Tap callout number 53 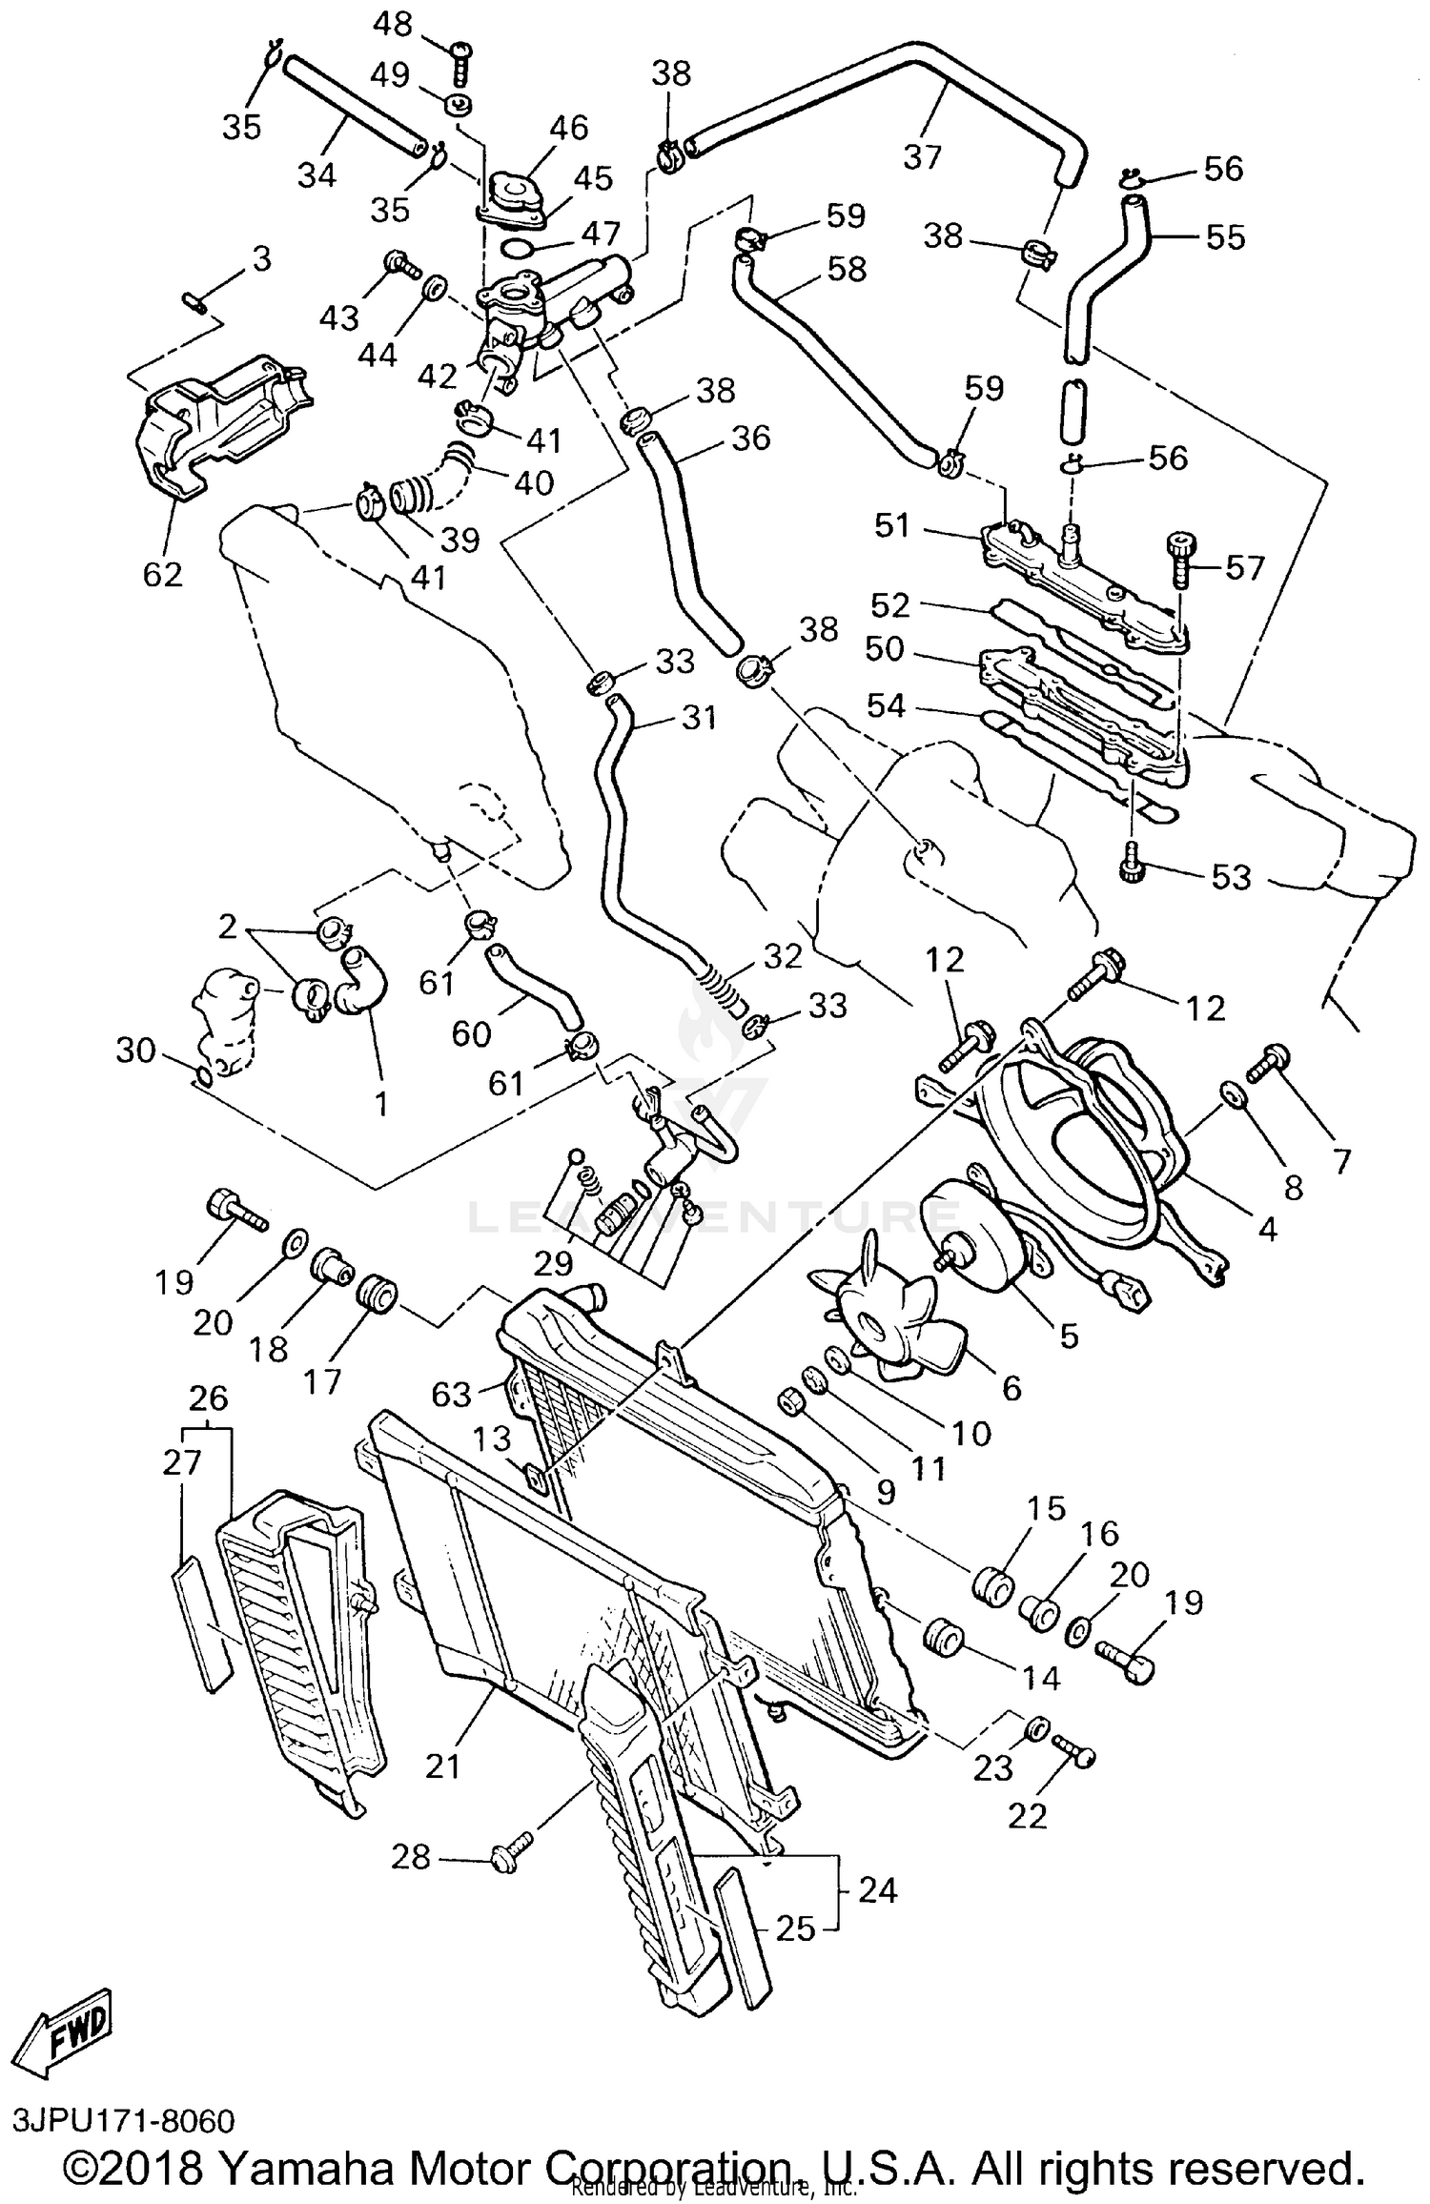(x=1230, y=877)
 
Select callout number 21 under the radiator (x=442, y=1765)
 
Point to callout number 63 (x=452, y=1395)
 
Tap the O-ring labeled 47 (x=517, y=250)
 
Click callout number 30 (x=135, y=1051)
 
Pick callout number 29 (x=553, y=1263)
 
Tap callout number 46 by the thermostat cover (x=569, y=128)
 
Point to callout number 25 (x=795, y=1929)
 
